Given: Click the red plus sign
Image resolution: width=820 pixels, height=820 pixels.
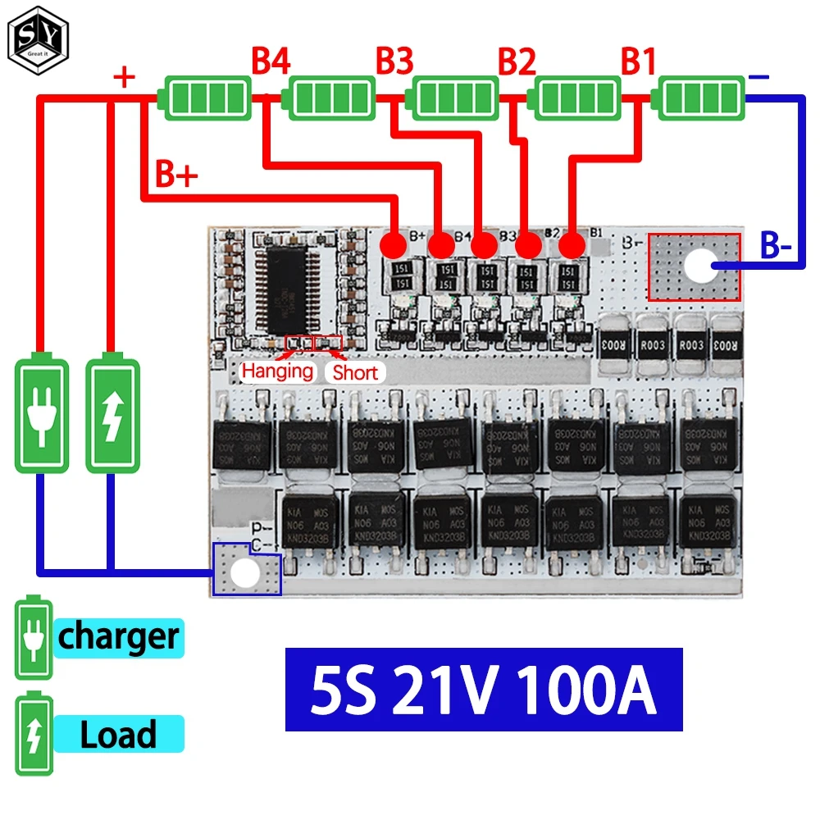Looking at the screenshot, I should coord(124,79).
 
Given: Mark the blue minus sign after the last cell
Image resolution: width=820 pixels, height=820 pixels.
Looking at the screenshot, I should coord(759,77).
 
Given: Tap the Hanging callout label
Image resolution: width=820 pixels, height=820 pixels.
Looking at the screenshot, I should coord(277,371).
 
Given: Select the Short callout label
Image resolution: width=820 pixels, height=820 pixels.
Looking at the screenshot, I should coord(356,372).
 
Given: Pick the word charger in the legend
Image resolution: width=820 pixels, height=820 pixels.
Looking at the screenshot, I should coord(118,636).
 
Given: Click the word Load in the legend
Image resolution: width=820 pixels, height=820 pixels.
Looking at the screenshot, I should coord(118,735).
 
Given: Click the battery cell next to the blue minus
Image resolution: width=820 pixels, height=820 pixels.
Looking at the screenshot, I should coord(702,98).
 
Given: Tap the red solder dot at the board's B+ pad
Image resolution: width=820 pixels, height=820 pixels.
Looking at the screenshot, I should coord(395,244).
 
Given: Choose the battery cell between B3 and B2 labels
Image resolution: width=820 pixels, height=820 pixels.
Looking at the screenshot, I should coord(456,98).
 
